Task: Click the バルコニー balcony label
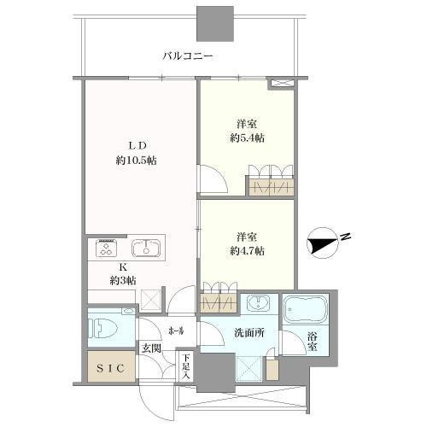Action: tap(188, 56)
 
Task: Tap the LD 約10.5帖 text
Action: tap(136, 153)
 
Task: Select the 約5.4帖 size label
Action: tap(247, 138)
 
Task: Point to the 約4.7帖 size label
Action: tap(247, 251)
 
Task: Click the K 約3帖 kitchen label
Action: tap(123, 274)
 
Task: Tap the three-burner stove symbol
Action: tap(107, 249)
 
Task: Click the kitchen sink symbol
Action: tap(145, 248)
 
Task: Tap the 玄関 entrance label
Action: tap(151, 348)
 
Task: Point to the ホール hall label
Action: tap(177, 331)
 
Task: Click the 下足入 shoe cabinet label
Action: tap(186, 366)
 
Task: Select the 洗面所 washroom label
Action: tap(249, 333)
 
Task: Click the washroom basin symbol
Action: tap(258, 303)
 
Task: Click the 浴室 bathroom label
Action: tap(312, 342)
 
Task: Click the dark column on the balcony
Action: tap(215, 24)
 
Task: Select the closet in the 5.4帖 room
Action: tap(272, 186)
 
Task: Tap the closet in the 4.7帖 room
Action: tap(219, 303)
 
